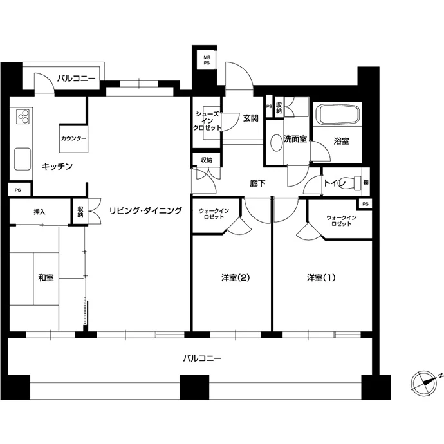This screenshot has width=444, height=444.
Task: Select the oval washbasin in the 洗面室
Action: tap(276, 142)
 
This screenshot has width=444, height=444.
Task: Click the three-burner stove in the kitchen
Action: tap(23, 116)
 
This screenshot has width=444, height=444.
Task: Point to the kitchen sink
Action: tap(23, 159)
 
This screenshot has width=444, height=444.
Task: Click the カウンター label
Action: tap(73, 139)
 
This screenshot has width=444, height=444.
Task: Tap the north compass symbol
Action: tap(424, 383)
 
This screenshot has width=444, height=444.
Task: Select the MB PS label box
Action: tap(207, 60)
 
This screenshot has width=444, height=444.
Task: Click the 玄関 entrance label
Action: tap(250, 118)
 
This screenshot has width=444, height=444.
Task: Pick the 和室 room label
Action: tap(46, 277)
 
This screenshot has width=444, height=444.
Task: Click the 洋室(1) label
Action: tap(321, 277)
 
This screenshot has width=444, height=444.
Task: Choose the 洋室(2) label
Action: tap(236, 277)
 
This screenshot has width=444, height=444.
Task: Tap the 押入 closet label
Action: tap(39, 212)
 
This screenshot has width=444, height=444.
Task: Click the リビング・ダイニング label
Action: tap(145, 210)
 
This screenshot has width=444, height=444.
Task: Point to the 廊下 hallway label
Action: tap(257, 183)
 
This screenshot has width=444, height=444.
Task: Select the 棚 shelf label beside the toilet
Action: tap(365, 182)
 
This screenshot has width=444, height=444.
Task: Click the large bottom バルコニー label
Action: tap(202, 358)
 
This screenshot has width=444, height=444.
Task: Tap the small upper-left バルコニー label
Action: tap(77, 78)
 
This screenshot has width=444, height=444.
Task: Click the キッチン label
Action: tap(57, 166)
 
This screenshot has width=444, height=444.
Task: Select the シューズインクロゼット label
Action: tap(207, 121)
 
